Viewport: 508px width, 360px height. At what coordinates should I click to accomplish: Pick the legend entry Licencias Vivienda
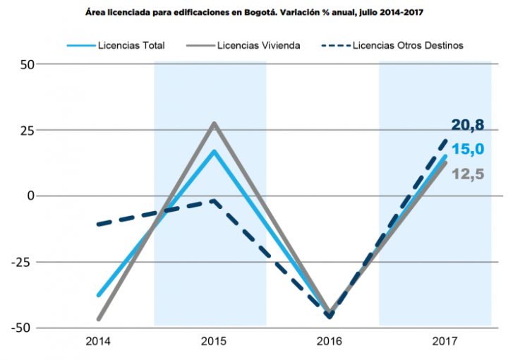[x=259, y=45]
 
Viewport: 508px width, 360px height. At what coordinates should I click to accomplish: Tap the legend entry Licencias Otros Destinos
[x=407, y=45]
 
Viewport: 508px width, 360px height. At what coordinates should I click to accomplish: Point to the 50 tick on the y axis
[x=25, y=64]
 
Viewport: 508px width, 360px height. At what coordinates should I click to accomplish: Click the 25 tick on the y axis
[x=25, y=130]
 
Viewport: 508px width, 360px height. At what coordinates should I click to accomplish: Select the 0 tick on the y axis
[x=30, y=196]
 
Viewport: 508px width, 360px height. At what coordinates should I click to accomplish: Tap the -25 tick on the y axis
[x=23, y=262]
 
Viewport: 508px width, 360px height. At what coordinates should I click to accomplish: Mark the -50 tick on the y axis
[x=23, y=328]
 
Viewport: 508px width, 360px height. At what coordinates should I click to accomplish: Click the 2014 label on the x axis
[x=97, y=342]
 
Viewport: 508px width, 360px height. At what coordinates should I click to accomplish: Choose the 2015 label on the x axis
[x=214, y=342]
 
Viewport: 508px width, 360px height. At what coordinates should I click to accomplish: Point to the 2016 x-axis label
[x=329, y=342]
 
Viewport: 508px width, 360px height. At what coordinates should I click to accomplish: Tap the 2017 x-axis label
[x=445, y=342]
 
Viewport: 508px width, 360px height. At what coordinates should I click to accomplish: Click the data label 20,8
[x=468, y=126]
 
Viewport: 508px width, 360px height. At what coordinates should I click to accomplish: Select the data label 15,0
[x=468, y=149]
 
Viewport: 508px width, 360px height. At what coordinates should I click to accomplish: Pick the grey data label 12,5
[x=468, y=173]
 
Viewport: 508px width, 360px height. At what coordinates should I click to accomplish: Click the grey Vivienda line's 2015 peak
[x=214, y=124]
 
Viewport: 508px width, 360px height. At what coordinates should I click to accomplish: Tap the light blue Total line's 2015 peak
[x=214, y=151]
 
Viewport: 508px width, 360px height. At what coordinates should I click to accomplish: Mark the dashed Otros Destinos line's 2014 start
[x=99, y=224]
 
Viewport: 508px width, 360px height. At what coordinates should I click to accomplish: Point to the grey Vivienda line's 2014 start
[x=99, y=318]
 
